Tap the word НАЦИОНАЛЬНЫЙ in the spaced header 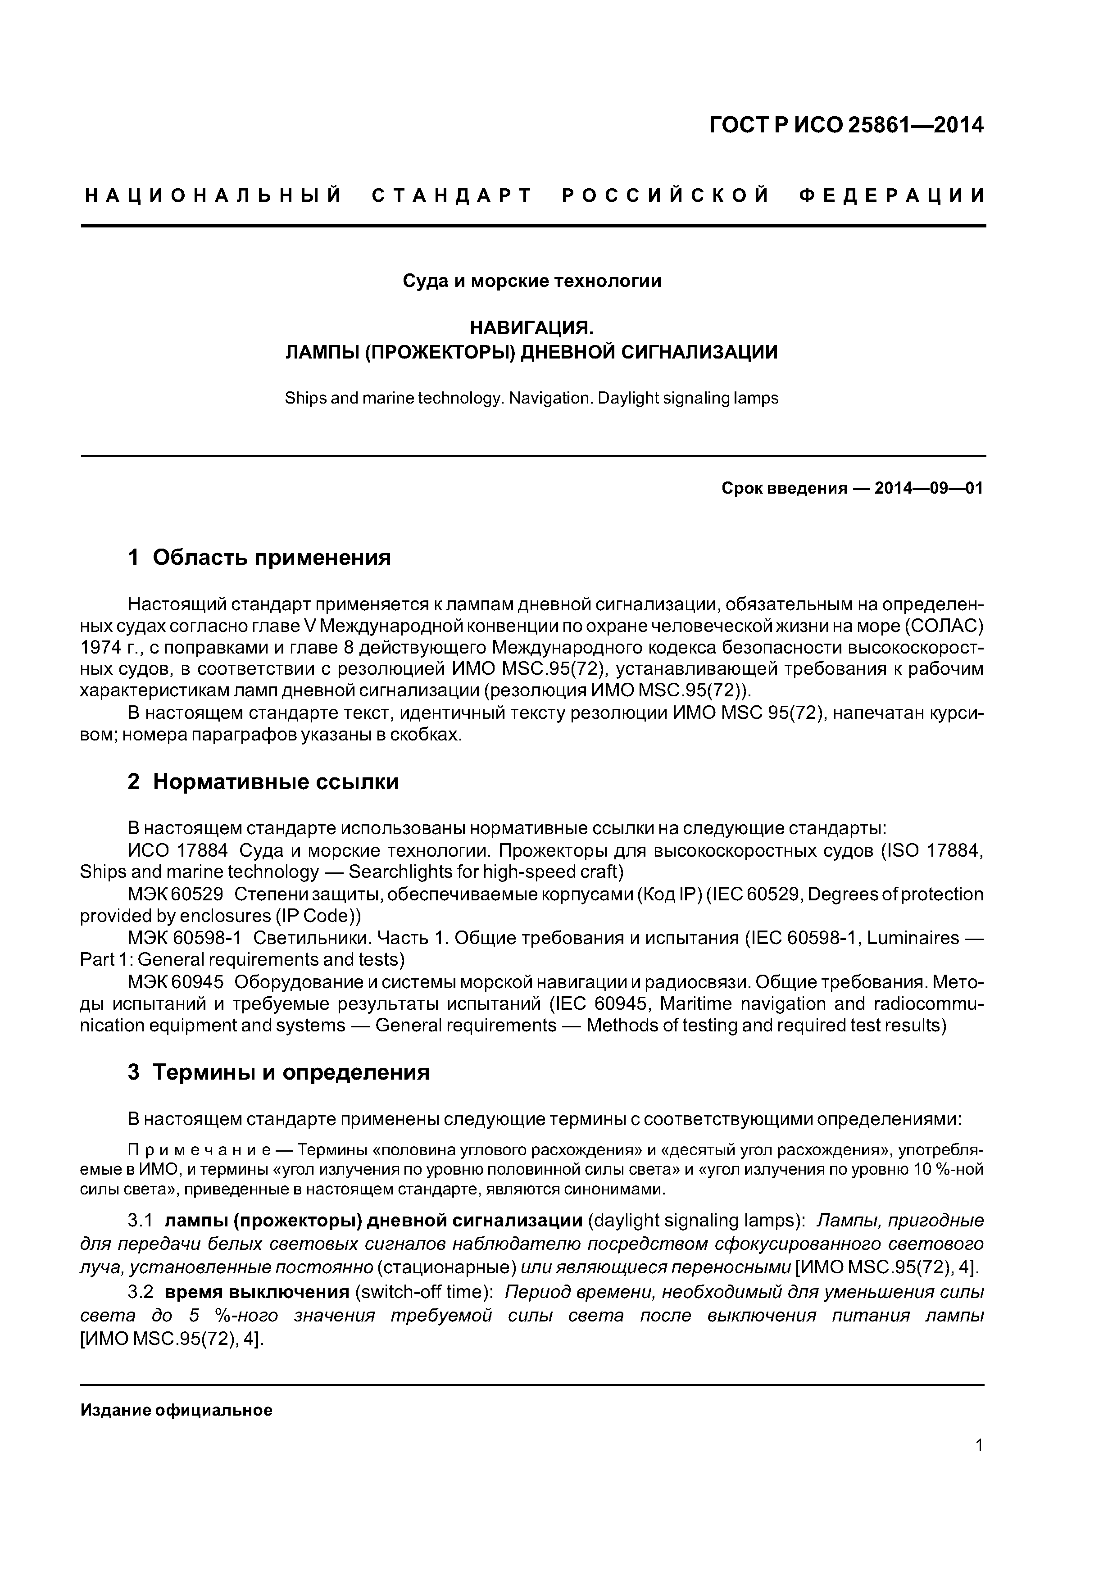pyautogui.click(x=213, y=196)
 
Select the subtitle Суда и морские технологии pyautogui.click(x=531, y=281)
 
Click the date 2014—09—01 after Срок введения pyautogui.click(x=928, y=489)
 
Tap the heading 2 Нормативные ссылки pyautogui.click(x=263, y=782)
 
